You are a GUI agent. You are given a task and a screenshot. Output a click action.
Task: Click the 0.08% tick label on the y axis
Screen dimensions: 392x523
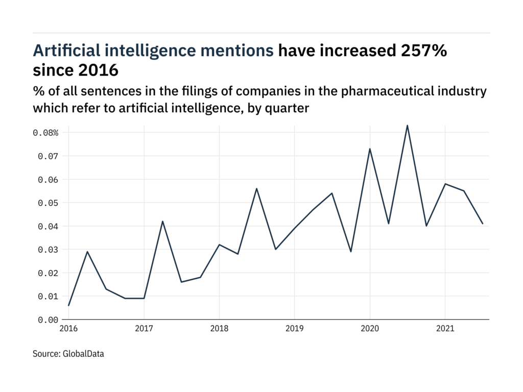[46, 133]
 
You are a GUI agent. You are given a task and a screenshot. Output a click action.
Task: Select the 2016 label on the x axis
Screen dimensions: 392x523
[68, 330]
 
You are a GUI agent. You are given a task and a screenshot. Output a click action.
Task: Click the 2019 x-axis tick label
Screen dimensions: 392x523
[294, 330]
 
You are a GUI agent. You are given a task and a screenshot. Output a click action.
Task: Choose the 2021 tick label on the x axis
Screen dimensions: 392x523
[445, 330]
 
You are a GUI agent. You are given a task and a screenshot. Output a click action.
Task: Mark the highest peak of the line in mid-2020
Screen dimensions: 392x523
[407, 125]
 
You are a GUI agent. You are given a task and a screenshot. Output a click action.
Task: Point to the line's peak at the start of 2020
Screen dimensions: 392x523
[369, 149]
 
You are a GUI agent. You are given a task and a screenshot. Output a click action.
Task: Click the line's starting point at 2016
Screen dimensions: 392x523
[68, 305]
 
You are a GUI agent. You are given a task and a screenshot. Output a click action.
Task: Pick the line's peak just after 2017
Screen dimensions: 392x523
[162, 221]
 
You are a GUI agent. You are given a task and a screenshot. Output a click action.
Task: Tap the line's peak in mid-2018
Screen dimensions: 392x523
[256, 188]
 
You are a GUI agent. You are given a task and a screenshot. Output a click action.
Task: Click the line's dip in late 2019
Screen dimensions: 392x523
[351, 252]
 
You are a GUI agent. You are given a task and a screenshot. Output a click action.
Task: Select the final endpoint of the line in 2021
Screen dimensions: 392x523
[483, 224]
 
